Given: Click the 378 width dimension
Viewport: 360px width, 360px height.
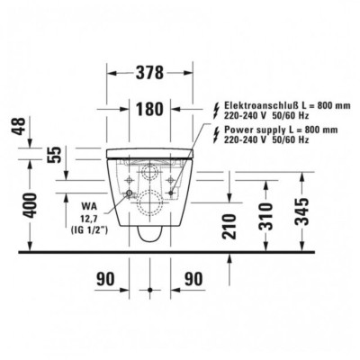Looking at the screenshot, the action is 150,72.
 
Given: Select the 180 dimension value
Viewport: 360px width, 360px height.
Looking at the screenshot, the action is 149,109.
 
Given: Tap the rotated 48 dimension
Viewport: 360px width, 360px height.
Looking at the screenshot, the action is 20,126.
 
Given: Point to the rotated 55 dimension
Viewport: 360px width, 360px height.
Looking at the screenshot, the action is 56,155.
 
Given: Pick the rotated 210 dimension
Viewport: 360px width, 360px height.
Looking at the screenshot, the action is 229,226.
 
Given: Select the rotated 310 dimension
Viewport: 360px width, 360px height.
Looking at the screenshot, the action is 266,216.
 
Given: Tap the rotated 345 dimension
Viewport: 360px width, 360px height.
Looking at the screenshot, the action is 301,211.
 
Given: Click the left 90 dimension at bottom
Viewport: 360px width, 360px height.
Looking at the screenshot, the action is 105,279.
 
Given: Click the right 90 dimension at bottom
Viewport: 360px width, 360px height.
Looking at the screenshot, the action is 193,279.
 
